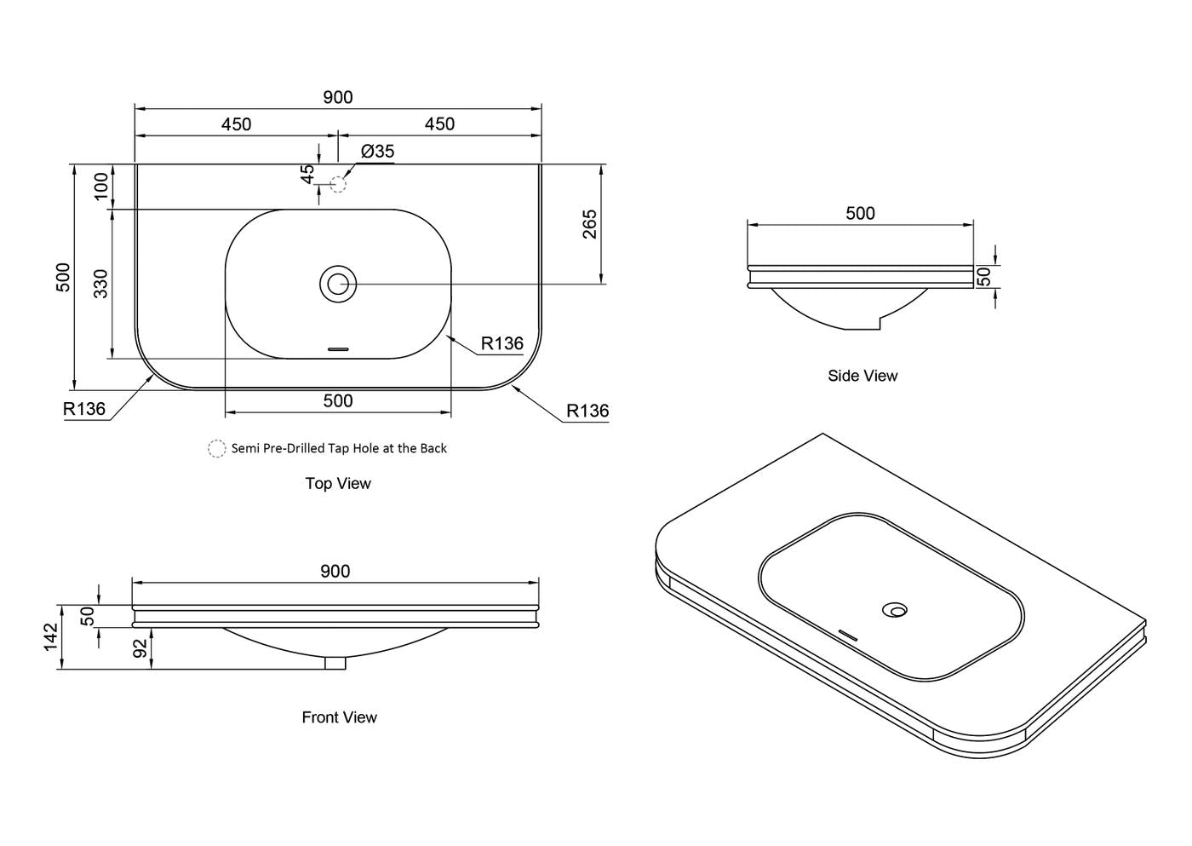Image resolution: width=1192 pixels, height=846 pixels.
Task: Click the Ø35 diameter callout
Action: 377,152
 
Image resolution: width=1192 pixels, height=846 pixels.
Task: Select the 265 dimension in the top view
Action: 589,224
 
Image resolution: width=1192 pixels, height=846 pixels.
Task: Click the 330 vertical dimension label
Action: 100,283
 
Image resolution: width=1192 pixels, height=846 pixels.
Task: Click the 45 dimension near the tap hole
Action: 307,174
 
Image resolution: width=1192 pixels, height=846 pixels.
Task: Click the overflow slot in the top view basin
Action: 338,349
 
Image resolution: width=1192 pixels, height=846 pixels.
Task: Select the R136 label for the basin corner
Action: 501,343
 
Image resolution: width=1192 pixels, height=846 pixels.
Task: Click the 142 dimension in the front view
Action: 50,636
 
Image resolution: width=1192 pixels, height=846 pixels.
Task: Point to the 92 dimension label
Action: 140,648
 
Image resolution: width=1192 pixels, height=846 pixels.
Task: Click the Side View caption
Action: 862,376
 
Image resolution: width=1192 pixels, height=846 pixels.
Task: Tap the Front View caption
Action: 340,717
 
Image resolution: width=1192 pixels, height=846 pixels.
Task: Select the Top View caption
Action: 338,483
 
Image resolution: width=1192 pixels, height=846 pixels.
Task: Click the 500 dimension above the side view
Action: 861,213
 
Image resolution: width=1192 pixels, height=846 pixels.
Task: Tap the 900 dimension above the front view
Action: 335,572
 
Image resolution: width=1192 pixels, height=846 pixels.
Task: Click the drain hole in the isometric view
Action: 895,610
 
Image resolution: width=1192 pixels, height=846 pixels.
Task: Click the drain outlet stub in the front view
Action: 335,663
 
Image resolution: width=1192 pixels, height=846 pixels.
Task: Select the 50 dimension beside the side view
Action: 985,276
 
